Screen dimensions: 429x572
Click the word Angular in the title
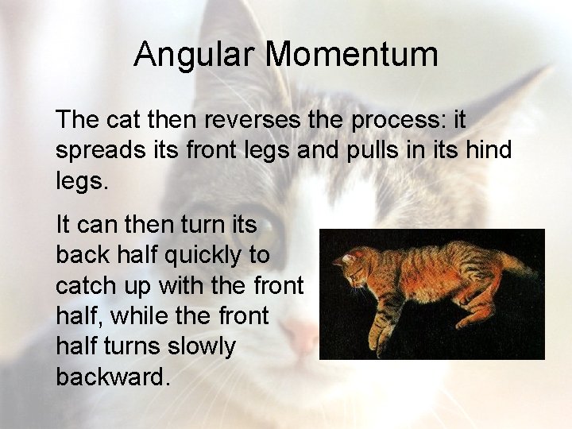tap(195, 55)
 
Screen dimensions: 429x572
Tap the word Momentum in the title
tap(351, 55)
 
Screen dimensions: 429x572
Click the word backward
tap(112, 377)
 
